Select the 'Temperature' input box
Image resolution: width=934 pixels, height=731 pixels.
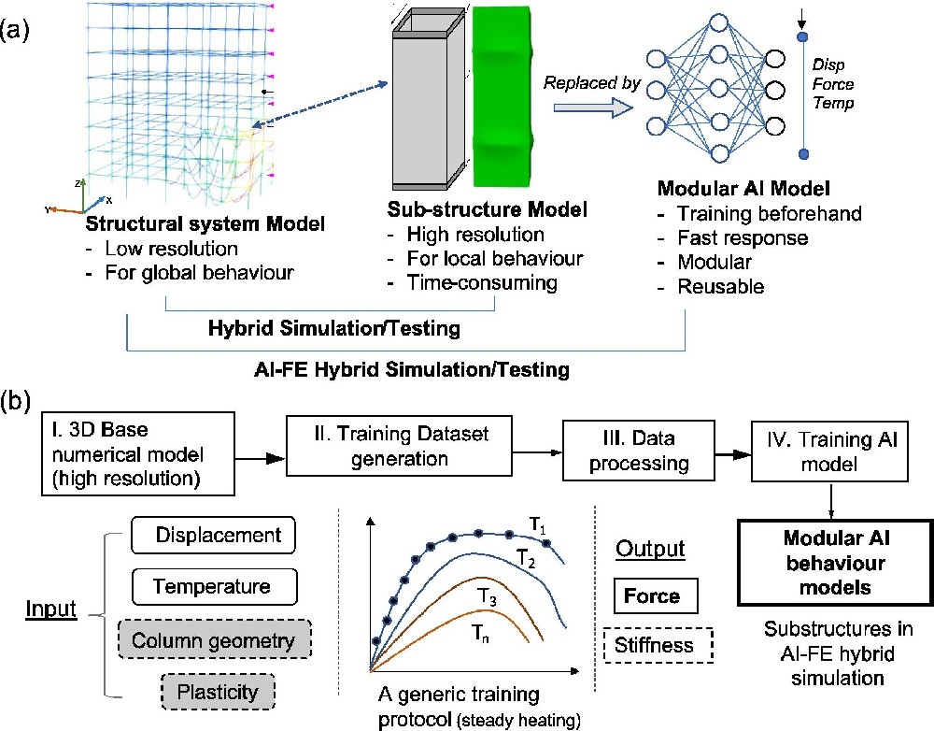coord(214,588)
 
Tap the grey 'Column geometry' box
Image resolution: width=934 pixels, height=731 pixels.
coord(213,641)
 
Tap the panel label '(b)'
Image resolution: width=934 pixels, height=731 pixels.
coord(18,399)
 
